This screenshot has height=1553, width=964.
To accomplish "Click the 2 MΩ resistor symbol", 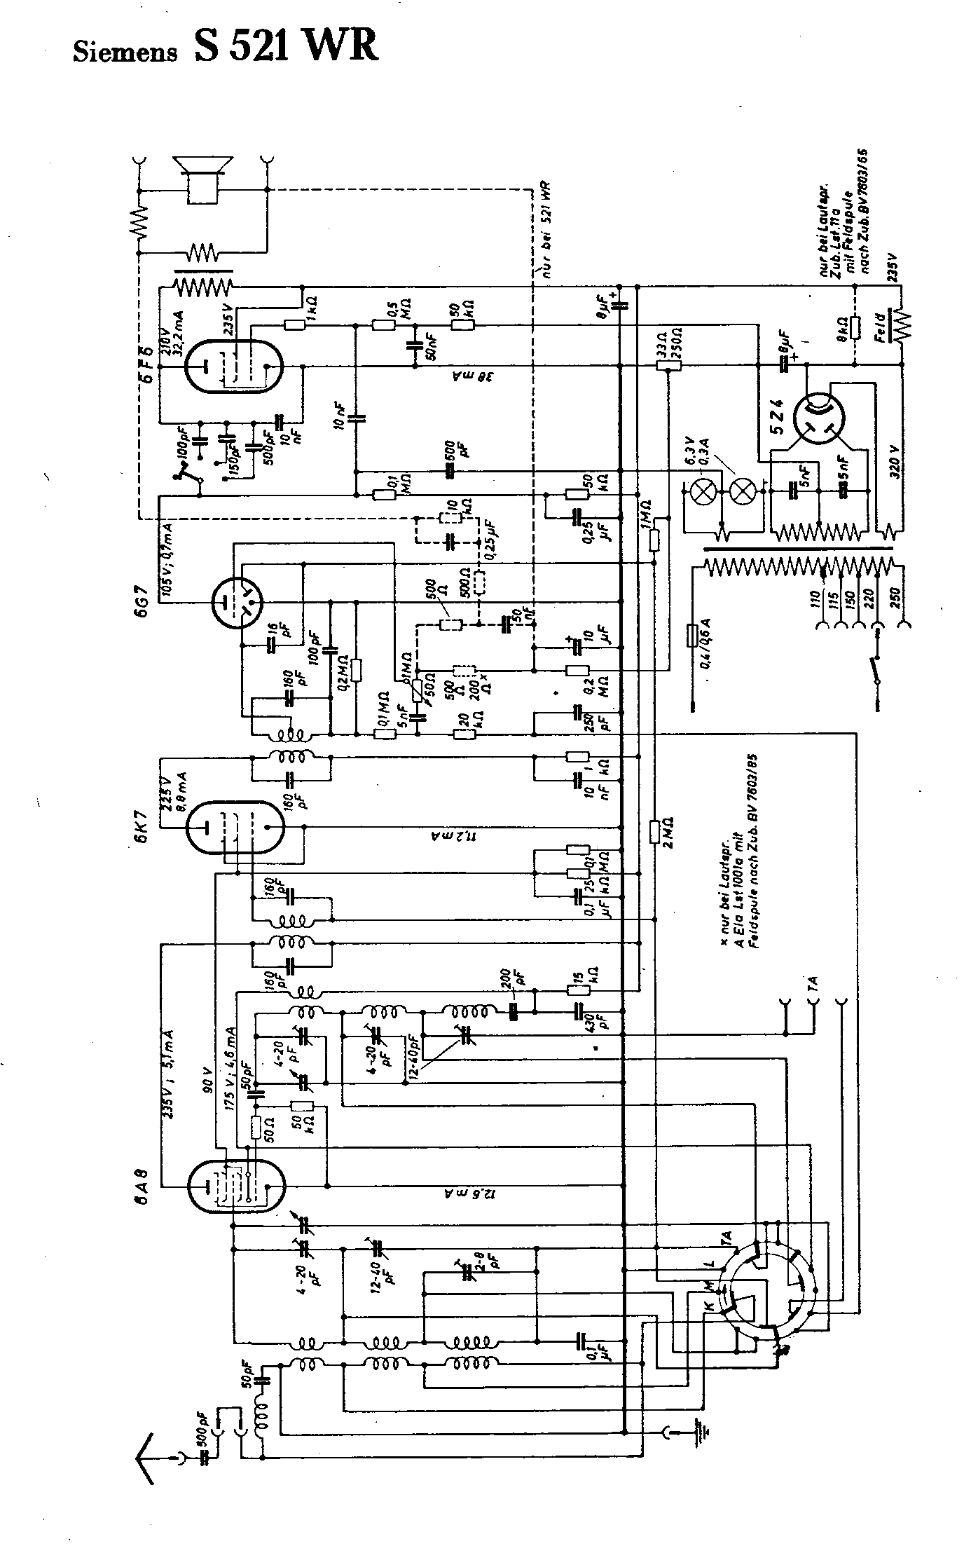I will [653, 832].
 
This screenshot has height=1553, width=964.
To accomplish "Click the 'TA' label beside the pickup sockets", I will [813, 987].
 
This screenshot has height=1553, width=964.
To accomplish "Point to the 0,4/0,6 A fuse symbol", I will [691, 635].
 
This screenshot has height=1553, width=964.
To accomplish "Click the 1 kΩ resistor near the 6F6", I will [295, 324].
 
